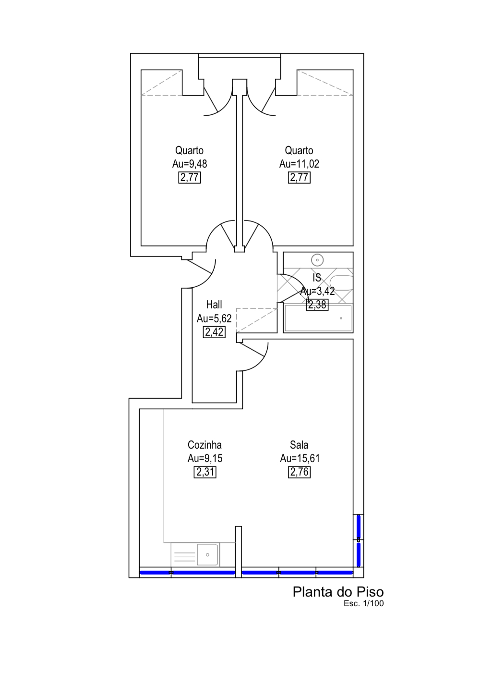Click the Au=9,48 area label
(x=190, y=164)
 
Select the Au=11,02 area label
(x=299, y=164)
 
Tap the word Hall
(x=214, y=305)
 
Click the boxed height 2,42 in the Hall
(x=214, y=332)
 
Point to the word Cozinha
(x=204, y=445)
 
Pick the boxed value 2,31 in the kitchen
(x=205, y=472)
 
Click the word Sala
(x=299, y=445)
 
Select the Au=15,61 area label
(x=300, y=458)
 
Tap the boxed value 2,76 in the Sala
(x=299, y=472)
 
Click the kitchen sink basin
(x=207, y=555)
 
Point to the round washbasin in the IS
(x=317, y=260)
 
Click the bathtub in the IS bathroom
(x=318, y=318)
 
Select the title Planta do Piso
(x=338, y=592)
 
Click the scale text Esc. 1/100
(x=363, y=604)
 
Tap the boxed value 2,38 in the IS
(x=317, y=305)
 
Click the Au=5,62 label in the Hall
(x=214, y=318)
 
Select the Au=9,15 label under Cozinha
(x=205, y=458)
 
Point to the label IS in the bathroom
(x=317, y=278)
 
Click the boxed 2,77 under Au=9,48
(x=190, y=178)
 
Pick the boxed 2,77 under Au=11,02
(x=299, y=178)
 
